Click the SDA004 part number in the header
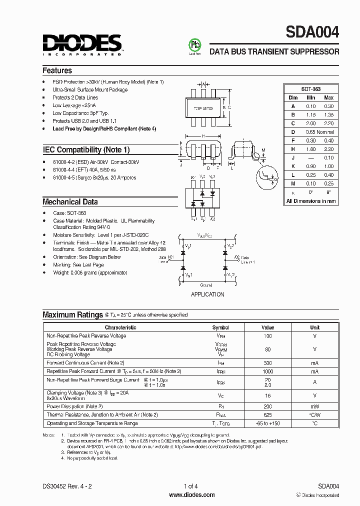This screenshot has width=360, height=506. (312, 32)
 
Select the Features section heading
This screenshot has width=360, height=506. (57, 70)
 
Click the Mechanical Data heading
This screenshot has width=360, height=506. (70, 202)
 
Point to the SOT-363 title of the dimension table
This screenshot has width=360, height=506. (310, 88)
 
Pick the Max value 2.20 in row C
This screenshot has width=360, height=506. (328, 123)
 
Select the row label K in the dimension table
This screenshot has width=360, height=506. (293, 166)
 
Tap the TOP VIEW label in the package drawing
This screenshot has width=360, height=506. (203, 108)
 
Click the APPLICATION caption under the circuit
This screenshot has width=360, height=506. (207, 294)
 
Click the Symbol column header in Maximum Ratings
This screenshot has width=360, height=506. (220, 327)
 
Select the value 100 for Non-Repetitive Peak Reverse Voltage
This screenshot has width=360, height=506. (267, 336)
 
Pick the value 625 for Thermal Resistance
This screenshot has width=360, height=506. (267, 414)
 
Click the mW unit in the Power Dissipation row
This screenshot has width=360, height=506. (314, 406)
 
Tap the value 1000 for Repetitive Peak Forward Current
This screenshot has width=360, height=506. (267, 371)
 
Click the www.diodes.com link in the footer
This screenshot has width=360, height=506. (191, 495)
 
